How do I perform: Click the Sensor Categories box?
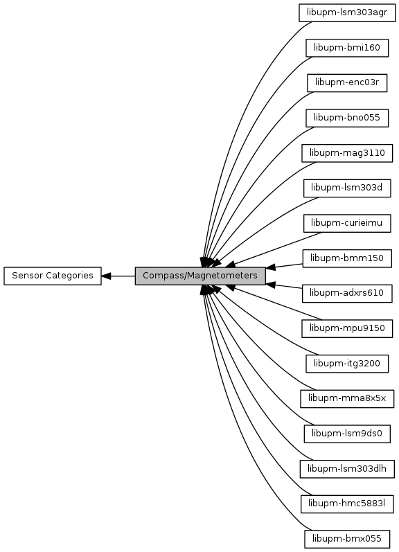coord(53,276)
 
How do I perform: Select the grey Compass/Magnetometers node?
coord(200,276)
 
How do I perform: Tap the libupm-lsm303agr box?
coord(347,12)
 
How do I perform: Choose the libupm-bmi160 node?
coord(347,48)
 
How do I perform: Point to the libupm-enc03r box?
coord(347,82)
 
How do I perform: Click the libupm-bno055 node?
coord(347,118)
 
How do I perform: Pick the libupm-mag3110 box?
coord(347,153)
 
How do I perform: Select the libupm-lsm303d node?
coord(347,188)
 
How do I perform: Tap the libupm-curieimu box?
coord(347,223)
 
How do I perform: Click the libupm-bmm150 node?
coord(347,258)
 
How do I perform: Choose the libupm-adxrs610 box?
coord(347,293)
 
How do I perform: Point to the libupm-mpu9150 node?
coord(347,328)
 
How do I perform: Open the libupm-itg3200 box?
coord(347,364)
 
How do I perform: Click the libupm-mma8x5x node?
coord(347,398)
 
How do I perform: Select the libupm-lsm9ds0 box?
coord(347,434)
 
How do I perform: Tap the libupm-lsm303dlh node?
coord(347,469)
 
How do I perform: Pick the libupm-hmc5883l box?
coord(347,504)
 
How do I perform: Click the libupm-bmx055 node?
coord(347,539)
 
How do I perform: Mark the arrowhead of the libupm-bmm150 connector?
coord(271,267)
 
